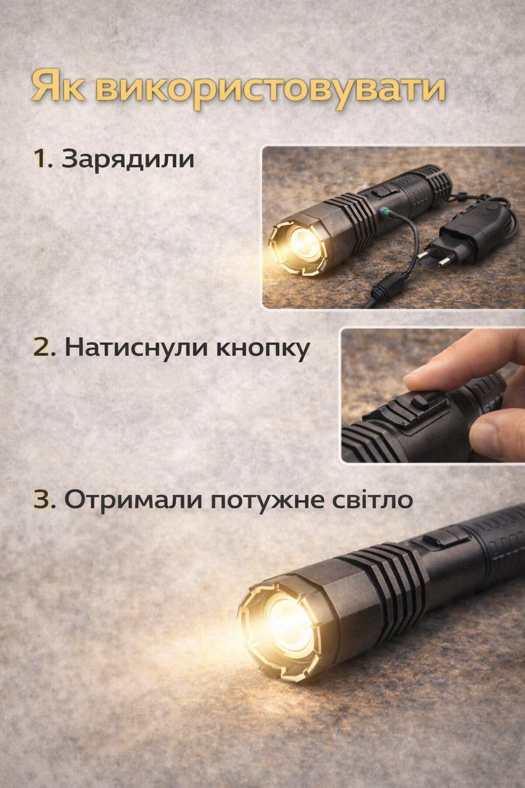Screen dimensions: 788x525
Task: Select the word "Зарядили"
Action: (128, 160)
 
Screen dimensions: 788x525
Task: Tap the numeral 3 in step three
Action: (44, 499)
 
